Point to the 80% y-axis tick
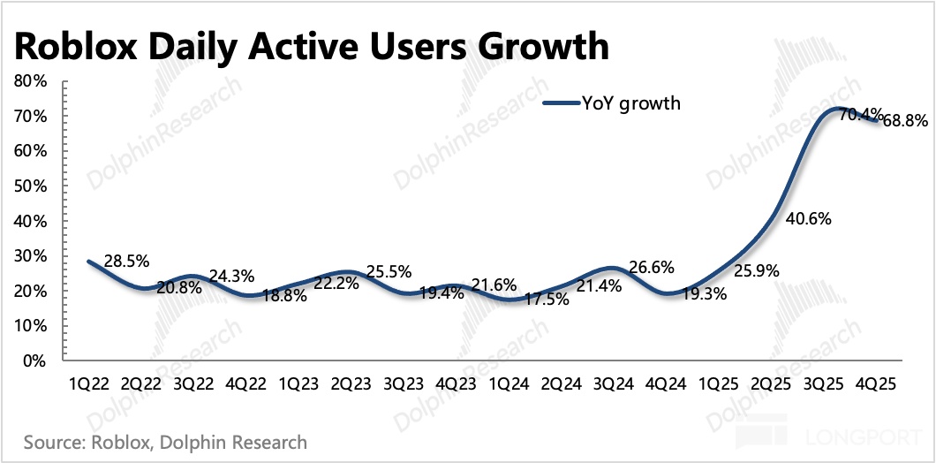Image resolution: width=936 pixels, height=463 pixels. click(x=31, y=80)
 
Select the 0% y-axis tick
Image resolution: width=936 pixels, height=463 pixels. click(x=34, y=361)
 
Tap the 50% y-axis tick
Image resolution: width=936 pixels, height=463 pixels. click(x=31, y=186)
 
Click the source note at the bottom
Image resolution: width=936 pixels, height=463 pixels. click(x=165, y=441)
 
